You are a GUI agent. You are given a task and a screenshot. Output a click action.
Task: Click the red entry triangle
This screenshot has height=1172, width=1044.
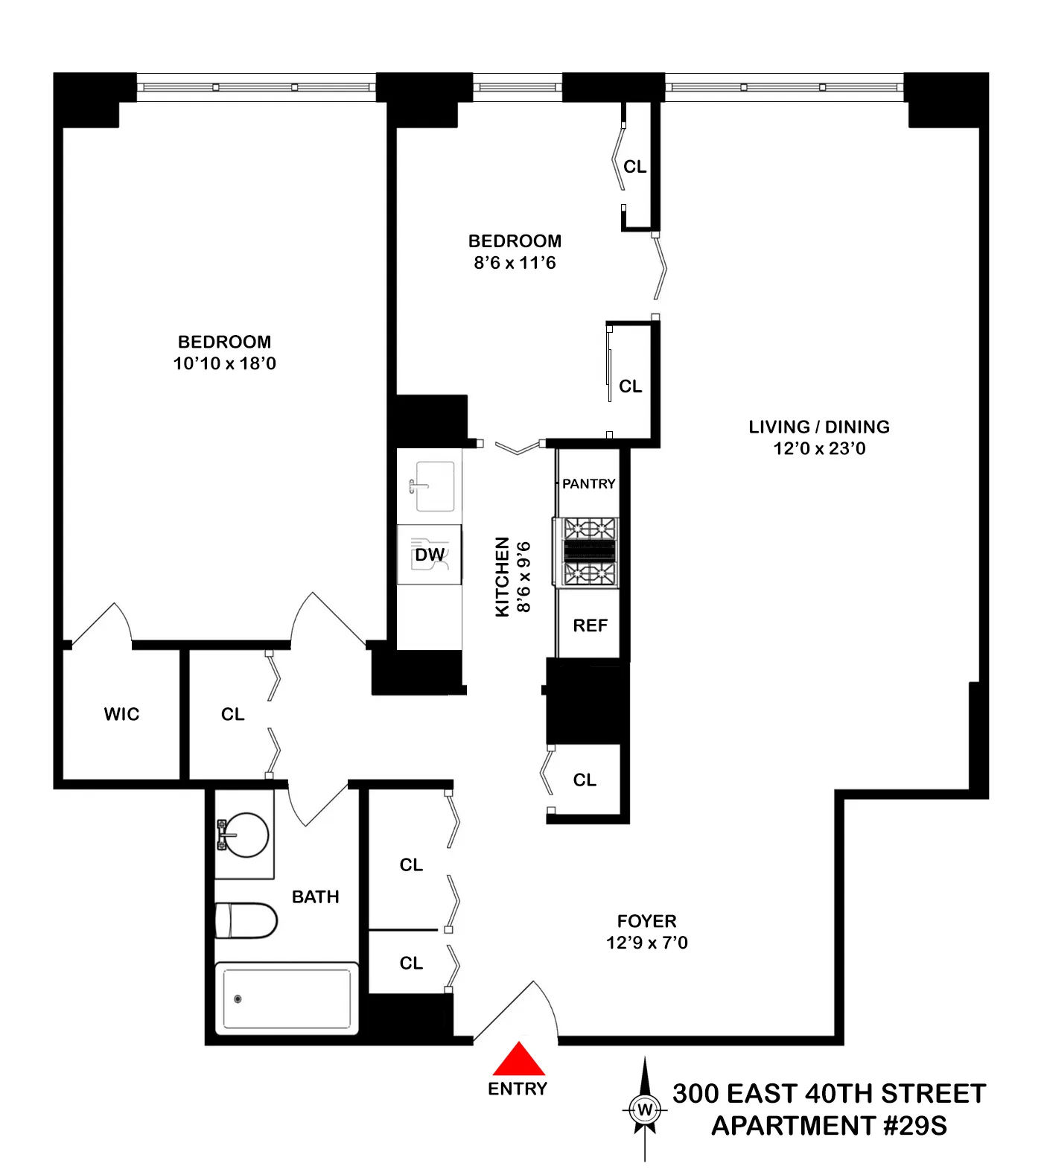tap(519, 1059)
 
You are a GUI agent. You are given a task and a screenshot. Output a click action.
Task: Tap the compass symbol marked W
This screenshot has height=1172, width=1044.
tap(645, 1109)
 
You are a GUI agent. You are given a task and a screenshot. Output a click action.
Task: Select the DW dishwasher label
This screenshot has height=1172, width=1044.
tap(430, 555)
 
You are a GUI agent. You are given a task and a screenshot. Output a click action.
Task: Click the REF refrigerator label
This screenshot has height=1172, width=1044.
tap(590, 625)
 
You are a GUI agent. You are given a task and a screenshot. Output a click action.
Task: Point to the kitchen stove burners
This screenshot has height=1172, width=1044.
tap(590, 552)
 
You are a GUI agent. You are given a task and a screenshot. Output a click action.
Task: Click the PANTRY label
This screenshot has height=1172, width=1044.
tap(588, 484)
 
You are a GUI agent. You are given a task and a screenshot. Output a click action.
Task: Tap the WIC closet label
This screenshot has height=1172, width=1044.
tap(121, 714)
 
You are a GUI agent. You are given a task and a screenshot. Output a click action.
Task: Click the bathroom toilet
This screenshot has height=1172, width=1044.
tap(245, 921)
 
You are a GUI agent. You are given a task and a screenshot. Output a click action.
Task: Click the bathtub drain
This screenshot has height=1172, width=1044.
tap(238, 999)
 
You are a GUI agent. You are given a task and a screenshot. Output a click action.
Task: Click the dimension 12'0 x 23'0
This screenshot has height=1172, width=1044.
tap(819, 448)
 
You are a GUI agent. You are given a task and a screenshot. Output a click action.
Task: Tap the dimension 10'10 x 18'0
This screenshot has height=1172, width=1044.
tap(224, 363)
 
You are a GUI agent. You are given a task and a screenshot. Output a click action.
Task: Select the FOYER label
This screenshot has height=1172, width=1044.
tap(646, 921)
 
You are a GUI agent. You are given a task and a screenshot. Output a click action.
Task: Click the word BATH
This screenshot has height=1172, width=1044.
tap(315, 896)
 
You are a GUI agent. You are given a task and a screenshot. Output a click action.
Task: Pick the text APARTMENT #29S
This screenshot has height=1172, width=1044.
tap(829, 1125)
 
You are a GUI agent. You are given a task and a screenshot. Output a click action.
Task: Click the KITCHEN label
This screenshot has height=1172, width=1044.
tap(503, 576)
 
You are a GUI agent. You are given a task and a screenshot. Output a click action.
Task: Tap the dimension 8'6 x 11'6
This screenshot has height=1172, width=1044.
tap(515, 263)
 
